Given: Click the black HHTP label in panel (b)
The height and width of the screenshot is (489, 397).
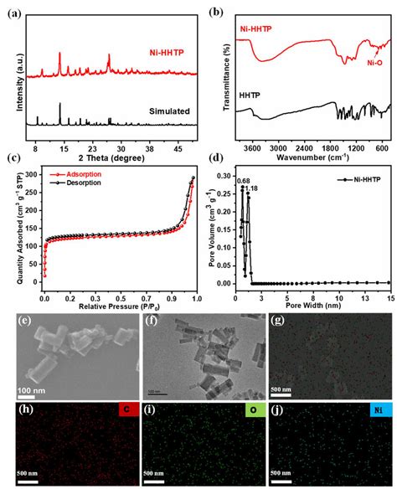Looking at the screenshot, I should (x=251, y=96).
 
